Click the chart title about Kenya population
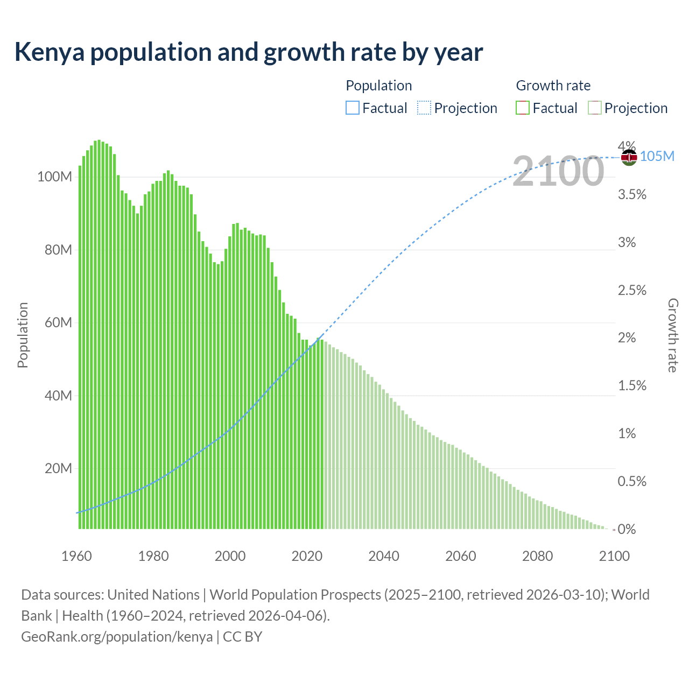248,52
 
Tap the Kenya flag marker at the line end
629,157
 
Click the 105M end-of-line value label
657,157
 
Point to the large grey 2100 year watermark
558,172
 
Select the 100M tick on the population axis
54,177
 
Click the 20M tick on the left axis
58,468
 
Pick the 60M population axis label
58,323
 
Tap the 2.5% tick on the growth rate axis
632,290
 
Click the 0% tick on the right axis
627,529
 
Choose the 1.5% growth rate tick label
632,385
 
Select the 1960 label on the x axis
76,556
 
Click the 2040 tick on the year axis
384,556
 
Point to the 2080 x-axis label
537,556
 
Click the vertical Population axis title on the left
23,335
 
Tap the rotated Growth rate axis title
673,335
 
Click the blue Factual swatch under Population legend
352,108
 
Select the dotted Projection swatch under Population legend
424,108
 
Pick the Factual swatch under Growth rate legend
523,108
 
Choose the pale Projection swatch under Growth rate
594,108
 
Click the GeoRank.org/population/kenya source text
117,636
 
